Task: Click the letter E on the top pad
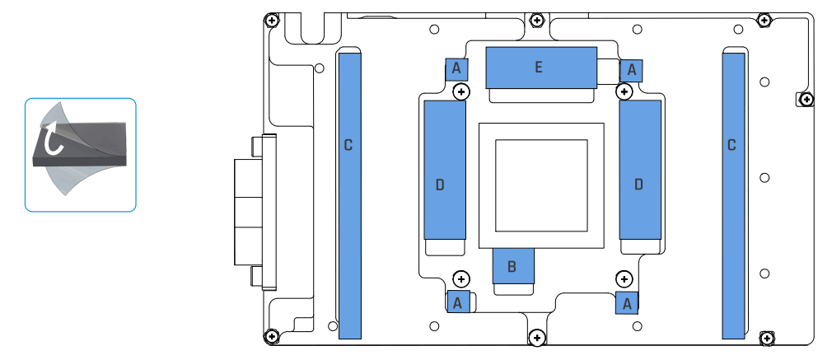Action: pyautogui.click(x=539, y=68)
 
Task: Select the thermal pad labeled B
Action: pyautogui.click(x=512, y=266)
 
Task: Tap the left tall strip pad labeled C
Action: pyautogui.click(x=350, y=194)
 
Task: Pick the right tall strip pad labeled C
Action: pyautogui.click(x=733, y=194)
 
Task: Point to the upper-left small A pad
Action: pyautogui.click(x=456, y=69)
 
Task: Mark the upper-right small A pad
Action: pyautogui.click(x=631, y=70)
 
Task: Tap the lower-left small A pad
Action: pyautogui.click(x=457, y=302)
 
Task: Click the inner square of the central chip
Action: pyautogui.click(x=540, y=185)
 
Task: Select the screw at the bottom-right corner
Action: pyautogui.click(x=766, y=338)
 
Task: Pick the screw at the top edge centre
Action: pyautogui.click(x=537, y=19)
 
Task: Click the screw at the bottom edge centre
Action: pyautogui.click(x=537, y=337)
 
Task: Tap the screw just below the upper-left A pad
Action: pyautogui.click(x=461, y=91)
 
